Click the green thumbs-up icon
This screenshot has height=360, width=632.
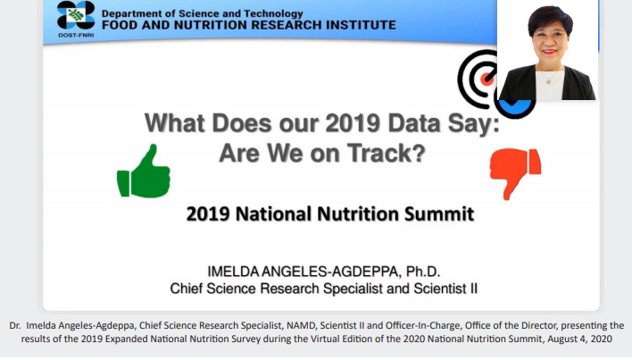(x=144, y=172)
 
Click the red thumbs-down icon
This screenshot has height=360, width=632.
(x=515, y=172)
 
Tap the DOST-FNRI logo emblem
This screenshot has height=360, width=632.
(x=76, y=15)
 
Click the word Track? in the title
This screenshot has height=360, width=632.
(x=387, y=153)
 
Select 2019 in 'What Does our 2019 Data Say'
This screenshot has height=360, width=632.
(x=353, y=123)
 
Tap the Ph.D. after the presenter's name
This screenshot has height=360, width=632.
(x=423, y=272)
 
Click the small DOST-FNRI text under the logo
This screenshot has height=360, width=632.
(x=76, y=35)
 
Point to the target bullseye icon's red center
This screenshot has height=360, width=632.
(x=486, y=79)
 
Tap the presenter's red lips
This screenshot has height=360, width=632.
(x=549, y=52)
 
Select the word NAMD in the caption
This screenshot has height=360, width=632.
(x=301, y=326)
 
